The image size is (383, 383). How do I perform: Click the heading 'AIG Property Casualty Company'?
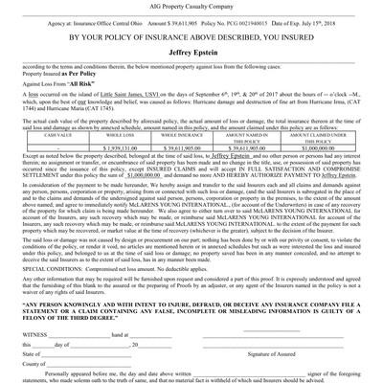pos(191,5)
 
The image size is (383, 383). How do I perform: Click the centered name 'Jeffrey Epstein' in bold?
pos(191,56)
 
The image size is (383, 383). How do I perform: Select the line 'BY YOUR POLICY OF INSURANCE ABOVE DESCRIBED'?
pos(191,38)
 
